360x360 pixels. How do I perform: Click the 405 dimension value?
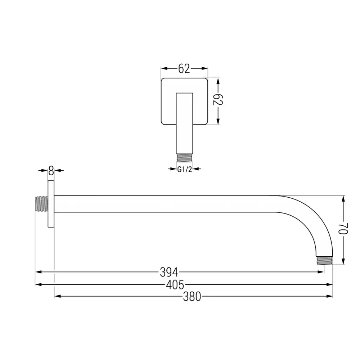[x=175, y=285]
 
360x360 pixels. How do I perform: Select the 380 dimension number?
[x=192, y=297]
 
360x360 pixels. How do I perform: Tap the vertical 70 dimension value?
[x=343, y=229]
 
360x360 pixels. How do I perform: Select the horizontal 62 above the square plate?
[x=184, y=68]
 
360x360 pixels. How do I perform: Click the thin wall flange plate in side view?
[x=51, y=204]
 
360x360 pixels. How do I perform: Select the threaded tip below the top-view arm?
[x=184, y=158]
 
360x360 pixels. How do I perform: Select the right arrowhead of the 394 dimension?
[x=321, y=272]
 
